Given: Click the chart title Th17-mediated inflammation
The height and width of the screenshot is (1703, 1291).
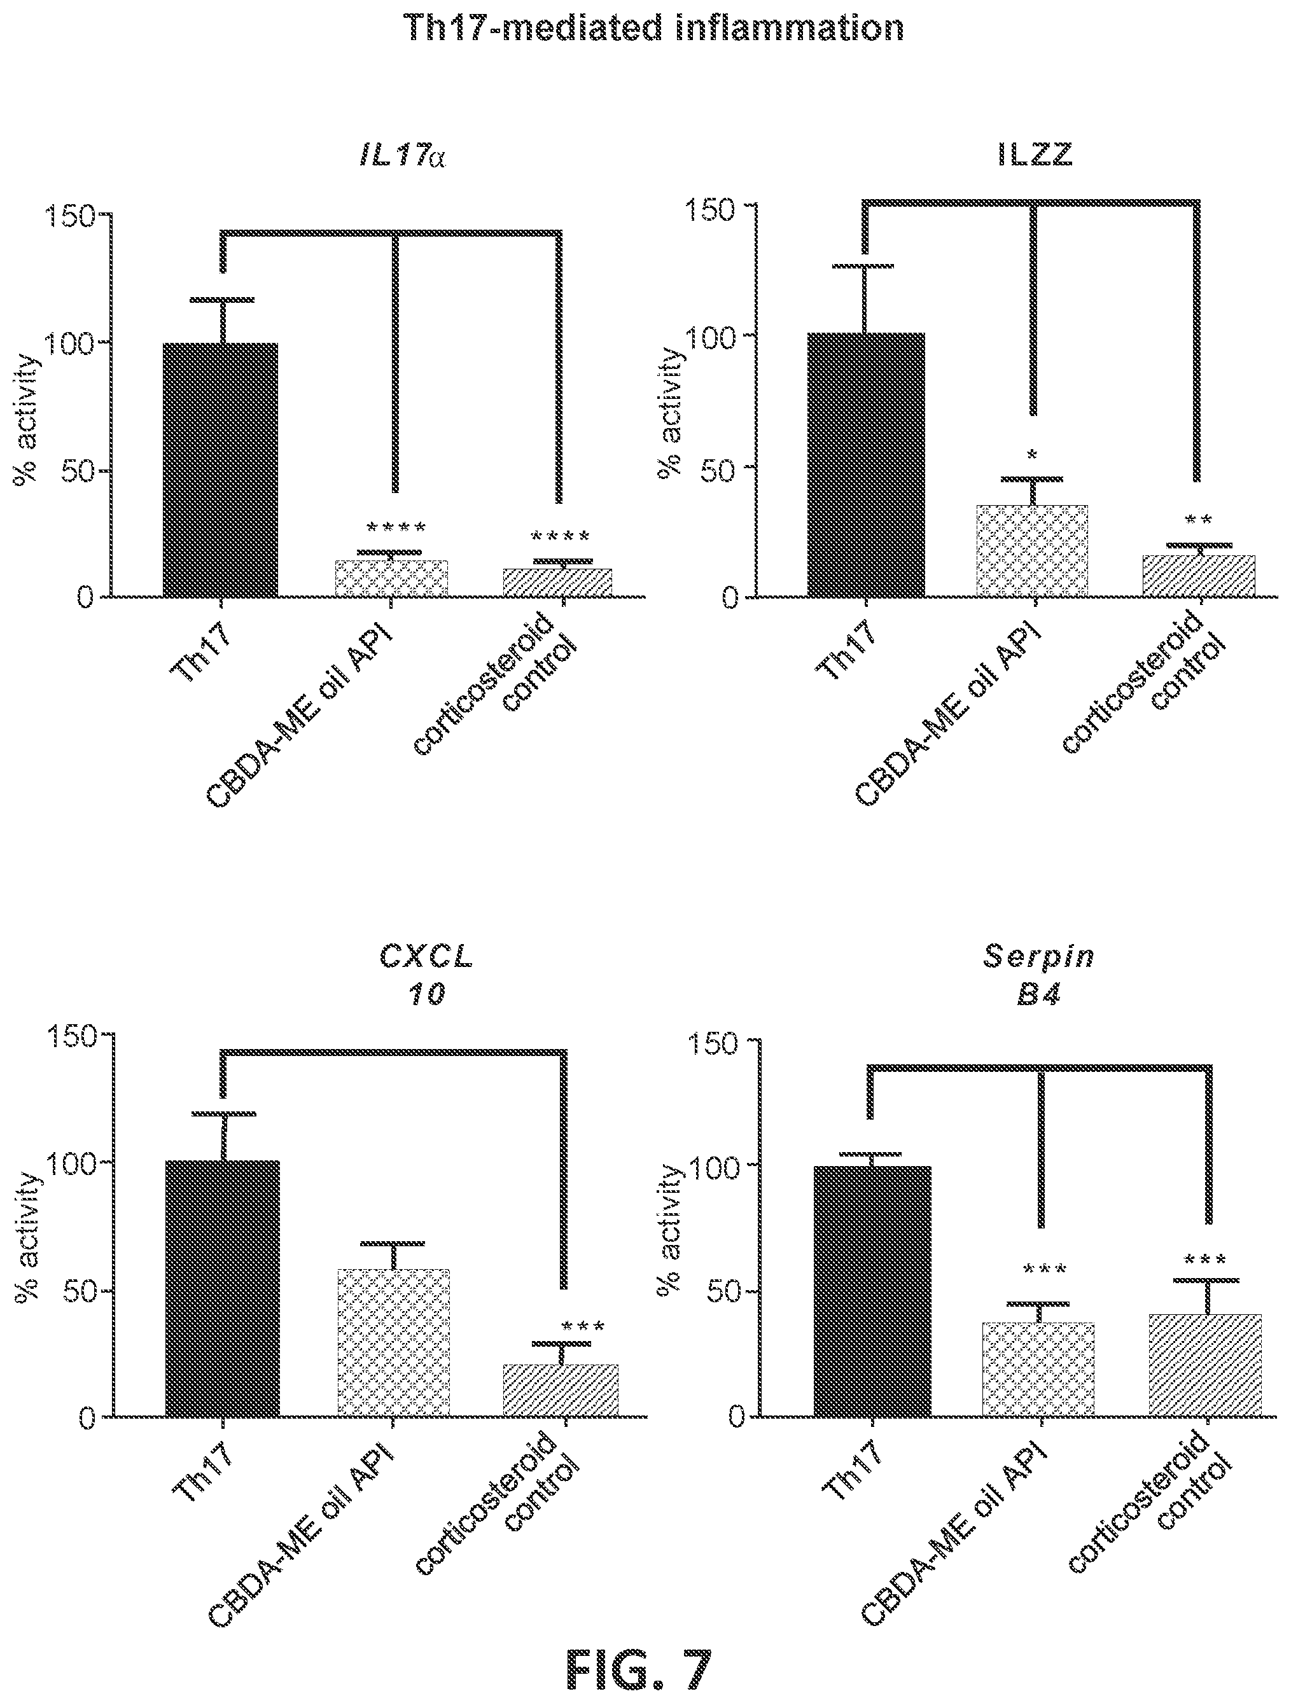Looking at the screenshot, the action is click(x=653, y=29).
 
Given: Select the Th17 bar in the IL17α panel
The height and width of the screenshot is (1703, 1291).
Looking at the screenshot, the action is click(x=221, y=469).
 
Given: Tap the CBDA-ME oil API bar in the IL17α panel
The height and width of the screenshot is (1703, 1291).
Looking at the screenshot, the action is click(x=392, y=578).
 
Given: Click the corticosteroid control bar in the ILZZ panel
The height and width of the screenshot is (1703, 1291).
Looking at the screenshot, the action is click(x=1198, y=576).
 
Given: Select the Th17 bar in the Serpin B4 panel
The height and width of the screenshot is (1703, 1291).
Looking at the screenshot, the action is click(x=873, y=1291).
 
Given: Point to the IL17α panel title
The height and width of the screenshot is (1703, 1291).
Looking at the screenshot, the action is click(x=403, y=157).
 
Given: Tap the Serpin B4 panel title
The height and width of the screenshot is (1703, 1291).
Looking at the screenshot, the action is click(x=1038, y=975).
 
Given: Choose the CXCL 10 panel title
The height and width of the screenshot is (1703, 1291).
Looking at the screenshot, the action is click(x=426, y=975).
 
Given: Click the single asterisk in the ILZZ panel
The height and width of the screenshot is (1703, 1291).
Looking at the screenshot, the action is click(x=1034, y=454).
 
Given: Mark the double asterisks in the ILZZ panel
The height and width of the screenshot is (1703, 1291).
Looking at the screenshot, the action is click(x=1199, y=521).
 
